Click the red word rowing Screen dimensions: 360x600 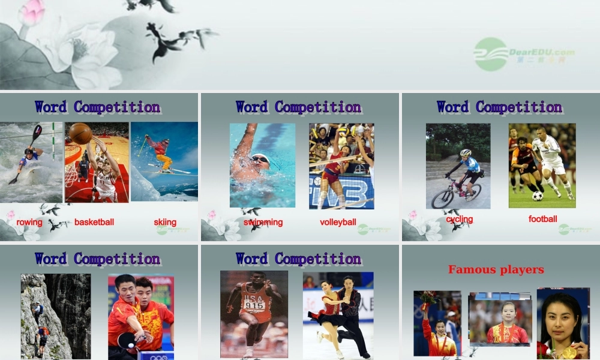coord(29,222)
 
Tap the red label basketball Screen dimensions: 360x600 coord(94,222)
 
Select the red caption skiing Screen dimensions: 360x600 coord(165,222)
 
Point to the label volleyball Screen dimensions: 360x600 coord(338,222)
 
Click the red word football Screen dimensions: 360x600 coord(542,219)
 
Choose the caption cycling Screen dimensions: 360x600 coord(460,219)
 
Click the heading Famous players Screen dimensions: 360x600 coord(496,269)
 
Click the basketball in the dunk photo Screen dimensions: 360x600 coord(80,133)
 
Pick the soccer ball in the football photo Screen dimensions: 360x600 coord(538,196)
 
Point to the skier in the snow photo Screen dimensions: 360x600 coord(159,153)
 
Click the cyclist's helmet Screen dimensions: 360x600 coord(466,153)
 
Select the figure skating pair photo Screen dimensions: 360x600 coord(338,315)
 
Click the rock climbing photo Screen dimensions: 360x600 coord(55,316)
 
